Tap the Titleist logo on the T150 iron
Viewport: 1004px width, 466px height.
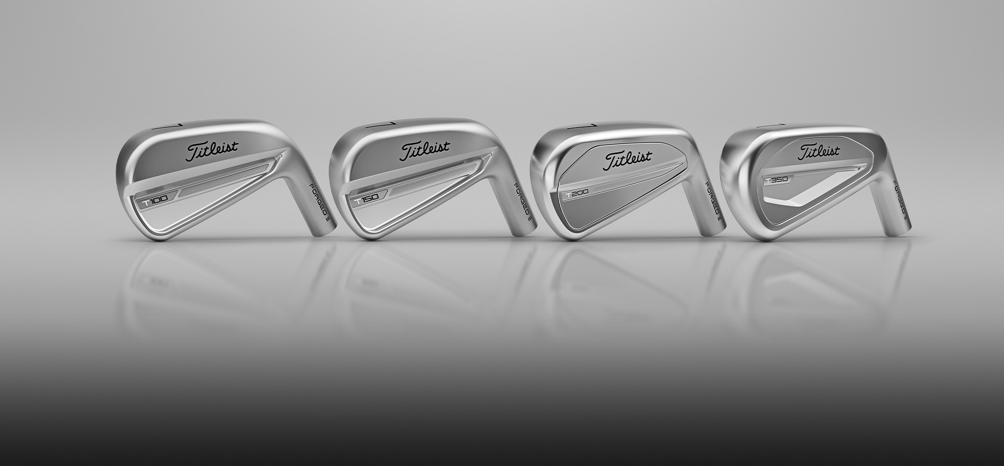pyautogui.click(x=425, y=151)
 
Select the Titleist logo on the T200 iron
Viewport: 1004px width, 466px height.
pyautogui.click(x=628, y=158)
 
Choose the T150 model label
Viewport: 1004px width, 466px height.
pyautogui.click(x=367, y=200)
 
